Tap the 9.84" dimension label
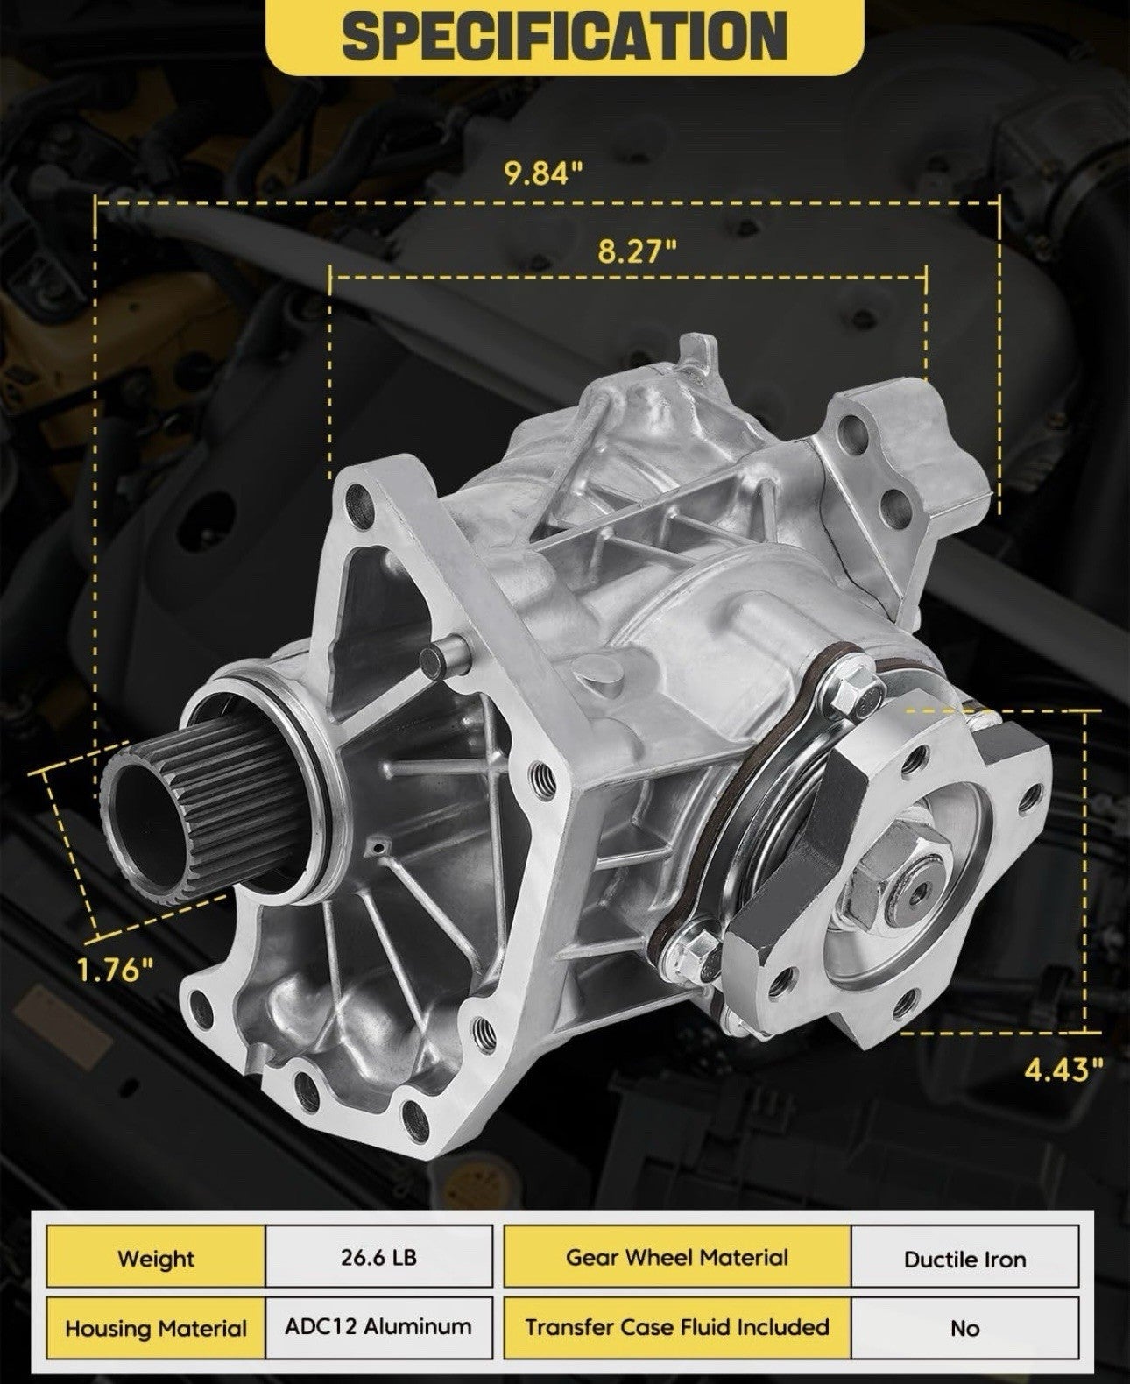[x=543, y=173]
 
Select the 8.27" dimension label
[x=636, y=251]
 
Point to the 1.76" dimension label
[x=116, y=969]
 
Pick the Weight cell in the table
[x=156, y=1259]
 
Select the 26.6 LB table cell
[x=378, y=1257]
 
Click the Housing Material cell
[x=156, y=1328]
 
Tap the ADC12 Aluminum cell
[x=378, y=1327]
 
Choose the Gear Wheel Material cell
[x=677, y=1257]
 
